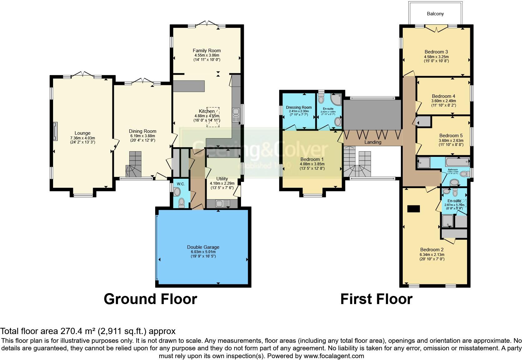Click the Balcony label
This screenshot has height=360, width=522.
coord(435,14)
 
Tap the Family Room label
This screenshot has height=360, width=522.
coord(206,50)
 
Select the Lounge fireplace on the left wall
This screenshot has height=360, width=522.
coord(56,131)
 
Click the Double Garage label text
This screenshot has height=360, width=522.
coord(203,247)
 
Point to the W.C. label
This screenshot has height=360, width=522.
coord(181,184)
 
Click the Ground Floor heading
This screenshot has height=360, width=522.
coord(150,299)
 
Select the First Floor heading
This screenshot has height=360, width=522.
coord(376,299)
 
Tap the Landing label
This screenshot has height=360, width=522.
coord(373,142)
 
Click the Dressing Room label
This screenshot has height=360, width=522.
coord(299,107)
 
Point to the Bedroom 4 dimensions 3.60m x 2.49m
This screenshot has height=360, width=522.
coord(443,101)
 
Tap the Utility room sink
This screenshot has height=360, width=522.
coord(222,204)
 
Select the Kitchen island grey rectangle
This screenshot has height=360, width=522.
coord(189,86)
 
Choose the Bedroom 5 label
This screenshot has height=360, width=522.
coord(451,136)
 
